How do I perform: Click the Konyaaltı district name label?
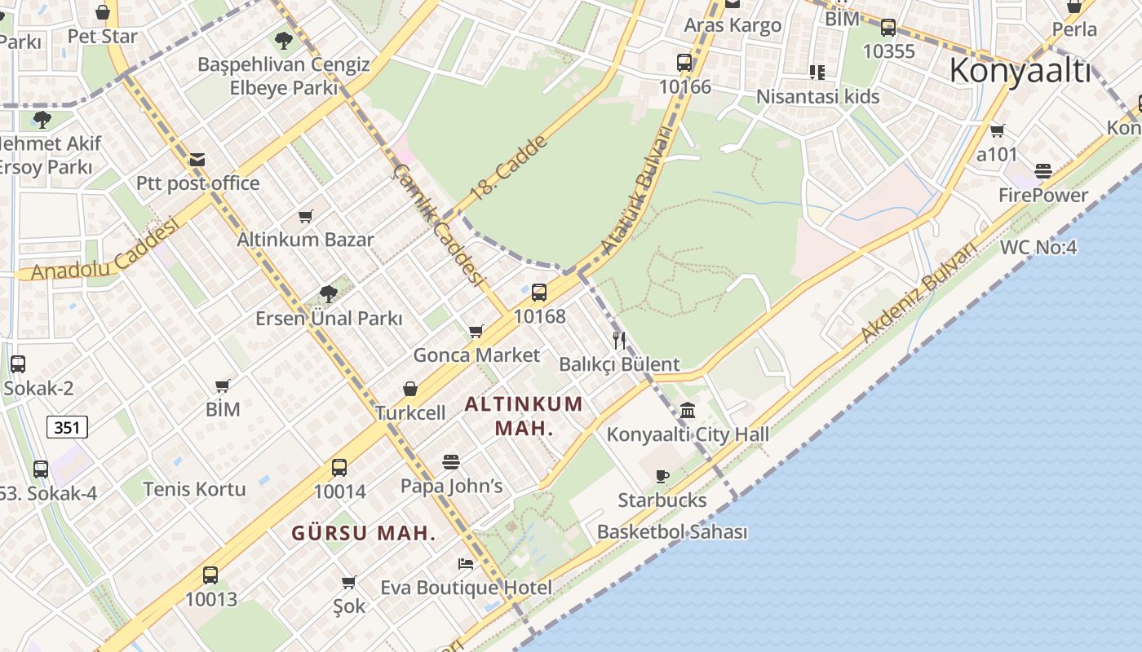pos(1020,71)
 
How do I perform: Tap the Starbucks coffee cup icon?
pos(662,476)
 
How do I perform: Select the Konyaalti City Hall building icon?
pos(688,410)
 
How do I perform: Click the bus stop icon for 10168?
pos(538,293)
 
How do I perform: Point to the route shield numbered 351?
pos(67,426)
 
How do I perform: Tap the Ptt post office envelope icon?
pos(197,160)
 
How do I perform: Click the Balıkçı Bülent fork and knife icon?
pos(619,340)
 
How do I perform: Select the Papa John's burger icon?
pos(451,462)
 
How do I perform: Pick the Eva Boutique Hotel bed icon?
pos(465,564)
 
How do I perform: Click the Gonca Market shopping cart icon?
pos(476,331)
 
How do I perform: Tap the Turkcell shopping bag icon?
pos(410,390)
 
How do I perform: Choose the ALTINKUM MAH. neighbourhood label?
pos(525,416)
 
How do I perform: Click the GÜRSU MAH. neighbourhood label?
pos(364,534)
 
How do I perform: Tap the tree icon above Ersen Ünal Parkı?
pos(329,293)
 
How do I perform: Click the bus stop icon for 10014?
pos(339,468)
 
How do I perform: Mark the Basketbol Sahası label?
pos(672,532)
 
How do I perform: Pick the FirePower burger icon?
pos(1042,171)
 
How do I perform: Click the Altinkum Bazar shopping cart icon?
pos(305,216)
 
